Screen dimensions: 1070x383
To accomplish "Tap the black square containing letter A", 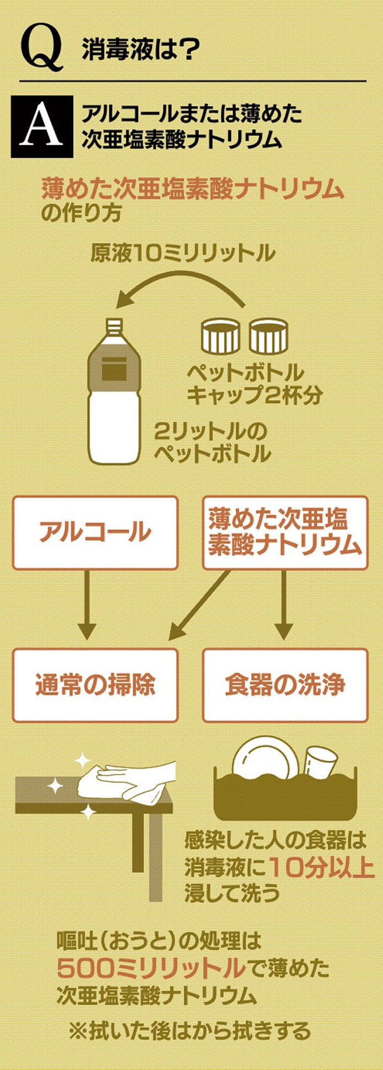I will click(x=42, y=126).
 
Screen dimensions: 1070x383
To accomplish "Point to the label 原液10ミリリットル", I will click(x=183, y=253).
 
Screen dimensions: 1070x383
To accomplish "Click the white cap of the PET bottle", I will click(x=113, y=326).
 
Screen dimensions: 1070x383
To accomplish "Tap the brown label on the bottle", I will click(x=114, y=366).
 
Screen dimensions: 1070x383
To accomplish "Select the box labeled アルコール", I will click(x=95, y=532).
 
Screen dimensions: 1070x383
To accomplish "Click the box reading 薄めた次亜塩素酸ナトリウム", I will click(x=284, y=532).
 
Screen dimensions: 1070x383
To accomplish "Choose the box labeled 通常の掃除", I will click(x=95, y=685).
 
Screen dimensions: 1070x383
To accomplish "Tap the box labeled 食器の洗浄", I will click(x=284, y=685).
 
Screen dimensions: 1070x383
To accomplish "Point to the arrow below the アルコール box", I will click(x=86, y=605).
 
